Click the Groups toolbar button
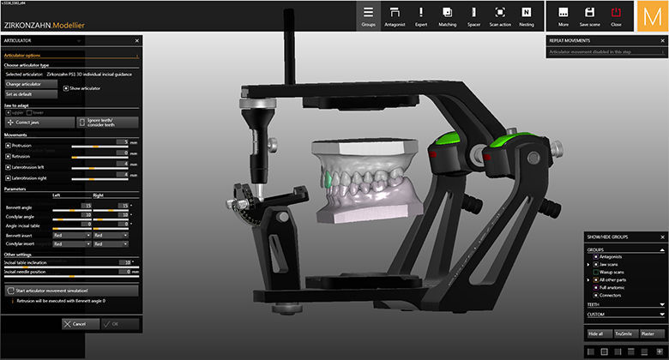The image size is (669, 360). (x=369, y=15)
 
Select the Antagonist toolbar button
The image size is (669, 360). (x=395, y=15)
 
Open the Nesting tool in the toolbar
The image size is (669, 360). (x=526, y=15)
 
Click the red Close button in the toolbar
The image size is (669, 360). (x=616, y=15)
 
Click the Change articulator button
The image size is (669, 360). (x=31, y=84)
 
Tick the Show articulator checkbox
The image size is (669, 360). (x=67, y=88)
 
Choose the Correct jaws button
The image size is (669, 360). (x=38, y=123)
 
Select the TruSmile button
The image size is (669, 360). (x=624, y=333)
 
